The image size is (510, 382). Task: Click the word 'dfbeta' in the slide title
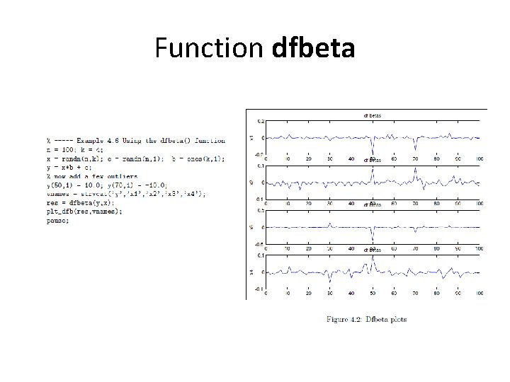point(313,50)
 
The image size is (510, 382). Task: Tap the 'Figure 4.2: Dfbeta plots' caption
point(366,319)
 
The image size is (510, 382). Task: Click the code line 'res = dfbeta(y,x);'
point(77,202)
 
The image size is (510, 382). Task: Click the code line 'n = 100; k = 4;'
point(74,150)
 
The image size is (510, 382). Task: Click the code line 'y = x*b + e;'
point(69,167)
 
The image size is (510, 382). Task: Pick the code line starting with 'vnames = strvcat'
point(127,193)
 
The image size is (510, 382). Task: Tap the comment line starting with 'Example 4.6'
point(135,141)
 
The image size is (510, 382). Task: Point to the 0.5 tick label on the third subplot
point(261,211)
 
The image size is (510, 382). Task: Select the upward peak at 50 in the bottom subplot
point(373,259)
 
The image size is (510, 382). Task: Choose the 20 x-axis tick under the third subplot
point(309,250)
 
